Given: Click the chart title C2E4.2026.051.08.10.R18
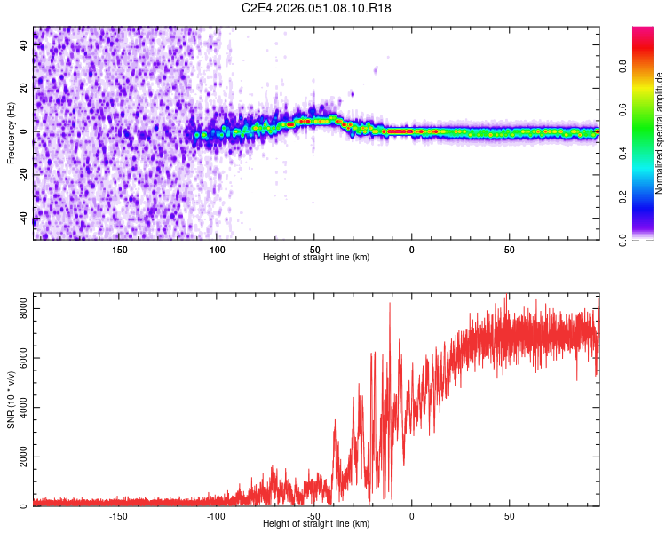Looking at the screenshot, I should [x=317, y=8].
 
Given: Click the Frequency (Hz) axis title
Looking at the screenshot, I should [x=11, y=133].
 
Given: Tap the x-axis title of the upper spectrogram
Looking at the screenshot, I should [x=316, y=257].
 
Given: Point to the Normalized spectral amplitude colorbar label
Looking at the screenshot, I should [x=659, y=133].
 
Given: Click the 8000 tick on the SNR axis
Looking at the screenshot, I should [x=19, y=309].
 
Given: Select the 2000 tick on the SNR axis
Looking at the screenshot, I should [x=19, y=457].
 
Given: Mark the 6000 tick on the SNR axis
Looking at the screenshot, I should [x=19, y=359].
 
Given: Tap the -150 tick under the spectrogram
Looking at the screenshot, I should [x=118, y=248].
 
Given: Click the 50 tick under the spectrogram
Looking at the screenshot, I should [x=509, y=248].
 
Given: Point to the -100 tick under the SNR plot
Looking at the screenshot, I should [x=216, y=514].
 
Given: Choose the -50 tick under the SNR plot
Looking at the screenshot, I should [x=313, y=514].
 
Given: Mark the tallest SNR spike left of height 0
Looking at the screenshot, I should [x=389, y=304].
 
